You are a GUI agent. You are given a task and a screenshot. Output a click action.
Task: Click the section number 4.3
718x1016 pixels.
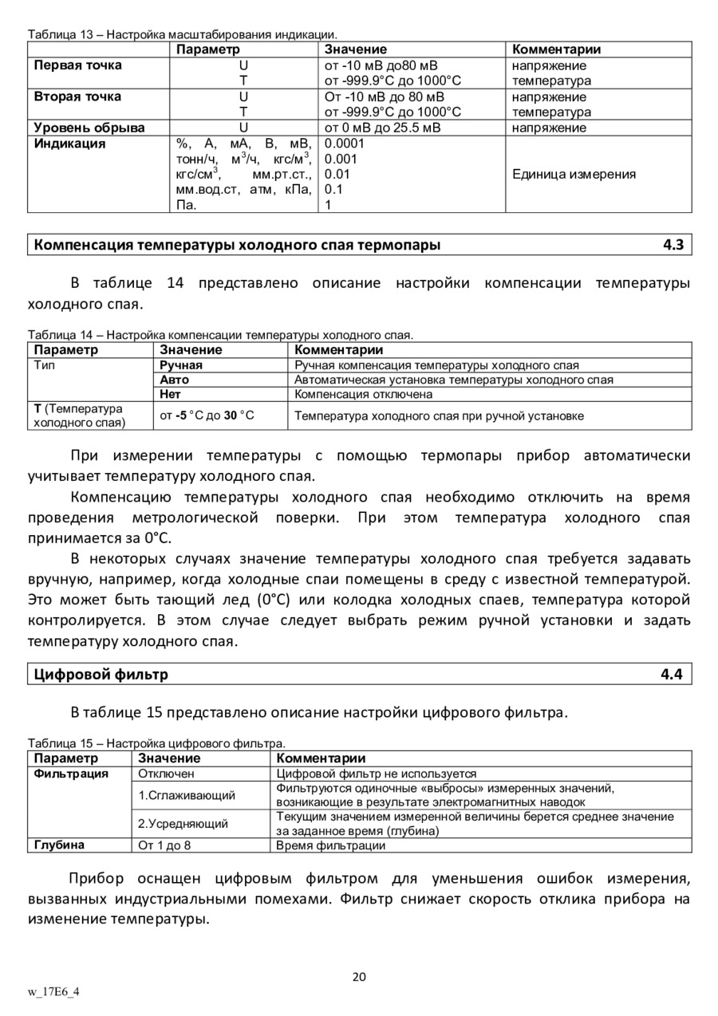(673, 245)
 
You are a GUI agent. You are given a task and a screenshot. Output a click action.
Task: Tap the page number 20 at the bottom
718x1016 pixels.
(359, 978)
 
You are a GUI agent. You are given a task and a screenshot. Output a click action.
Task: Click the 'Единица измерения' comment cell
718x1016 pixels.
(574, 174)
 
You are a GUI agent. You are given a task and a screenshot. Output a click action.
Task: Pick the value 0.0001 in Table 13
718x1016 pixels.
(345, 144)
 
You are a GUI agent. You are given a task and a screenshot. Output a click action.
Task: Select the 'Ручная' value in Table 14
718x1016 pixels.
(181, 365)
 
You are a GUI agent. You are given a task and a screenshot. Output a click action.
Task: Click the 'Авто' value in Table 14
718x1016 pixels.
(175, 380)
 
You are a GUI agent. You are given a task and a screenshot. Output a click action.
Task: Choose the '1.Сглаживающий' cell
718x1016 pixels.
(187, 795)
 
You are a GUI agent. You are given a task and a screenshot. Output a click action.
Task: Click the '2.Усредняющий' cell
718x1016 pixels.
(183, 823)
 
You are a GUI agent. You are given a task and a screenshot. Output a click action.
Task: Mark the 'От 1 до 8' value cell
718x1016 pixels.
(165, 845)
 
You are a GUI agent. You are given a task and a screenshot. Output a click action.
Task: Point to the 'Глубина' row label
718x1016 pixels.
(59, 845)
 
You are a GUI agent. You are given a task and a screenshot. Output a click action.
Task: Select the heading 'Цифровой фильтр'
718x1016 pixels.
(101, 675)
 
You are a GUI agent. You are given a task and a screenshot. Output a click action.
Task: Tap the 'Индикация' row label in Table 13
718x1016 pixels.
(69, 144)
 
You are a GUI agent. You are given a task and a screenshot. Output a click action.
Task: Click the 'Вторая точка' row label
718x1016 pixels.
(77, 96)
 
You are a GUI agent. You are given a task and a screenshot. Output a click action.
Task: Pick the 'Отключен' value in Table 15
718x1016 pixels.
(166, 774)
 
